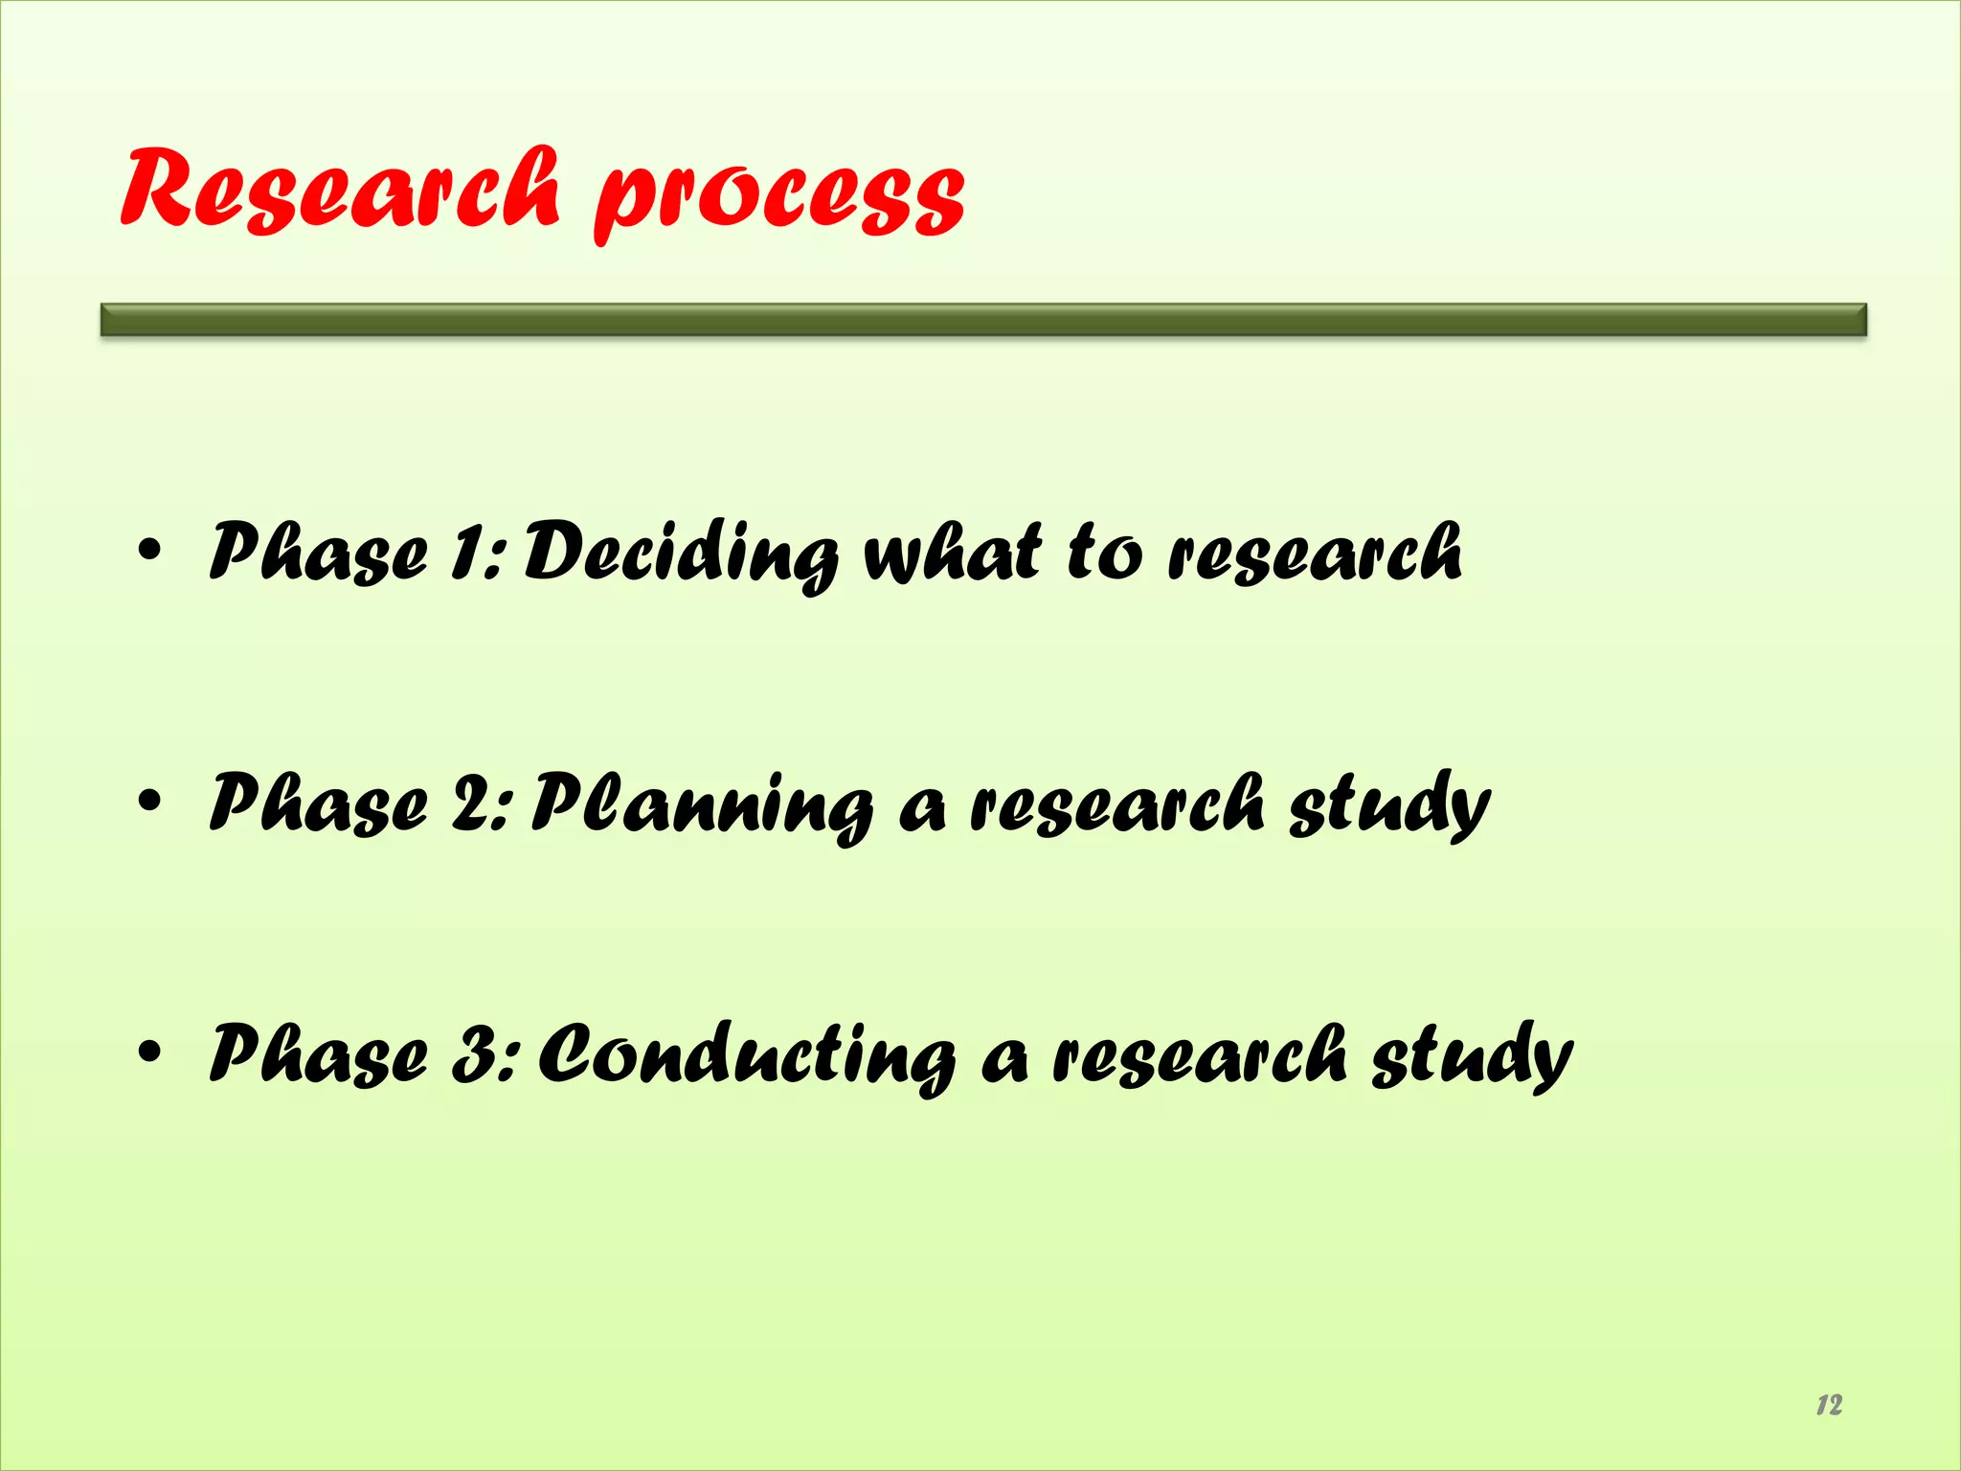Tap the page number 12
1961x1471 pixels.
coord(1828,1405)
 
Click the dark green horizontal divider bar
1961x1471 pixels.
coord(983,319)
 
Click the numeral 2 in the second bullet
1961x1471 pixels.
coord(472,803)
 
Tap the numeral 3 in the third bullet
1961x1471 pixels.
coord(474,1054)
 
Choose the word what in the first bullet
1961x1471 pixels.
coord(952,553)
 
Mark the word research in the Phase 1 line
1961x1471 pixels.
coord(1315,554)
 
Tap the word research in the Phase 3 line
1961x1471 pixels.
coord(1200,1056)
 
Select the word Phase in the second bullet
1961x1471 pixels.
coord(318,803)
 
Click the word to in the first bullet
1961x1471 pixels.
coord(1104,553)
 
